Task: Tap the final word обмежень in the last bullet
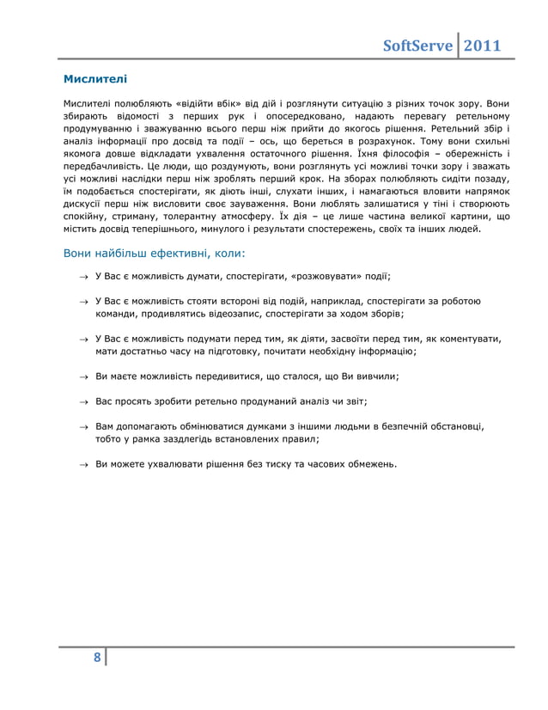point(371,464)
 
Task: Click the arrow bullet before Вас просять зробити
point(83,401)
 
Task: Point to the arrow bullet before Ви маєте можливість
point(83,376)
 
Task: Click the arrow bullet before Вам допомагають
point(83,426)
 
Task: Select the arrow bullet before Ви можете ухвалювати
point(83,464)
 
